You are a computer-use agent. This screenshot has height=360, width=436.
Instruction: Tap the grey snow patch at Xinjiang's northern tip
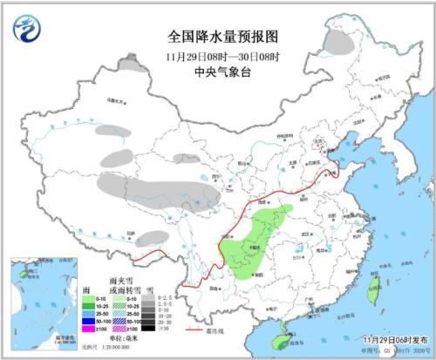131,63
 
